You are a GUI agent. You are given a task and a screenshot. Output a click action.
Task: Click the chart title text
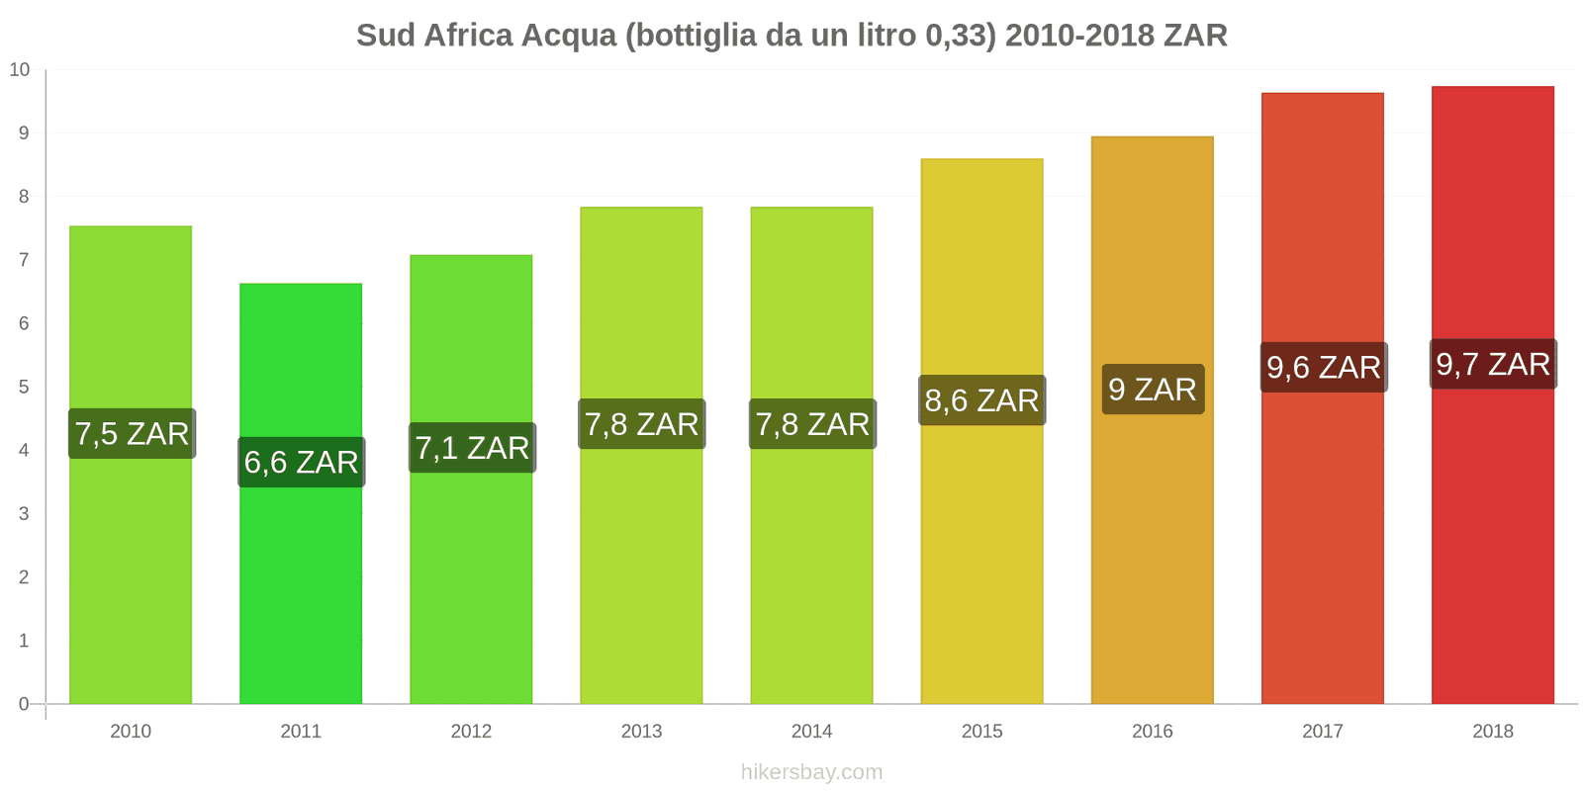click(791, 36)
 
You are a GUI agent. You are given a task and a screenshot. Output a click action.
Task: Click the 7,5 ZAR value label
click(132, 433)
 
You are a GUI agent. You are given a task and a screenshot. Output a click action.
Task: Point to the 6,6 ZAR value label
click(301, 462)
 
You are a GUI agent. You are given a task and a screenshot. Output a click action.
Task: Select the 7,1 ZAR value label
click(472, 448)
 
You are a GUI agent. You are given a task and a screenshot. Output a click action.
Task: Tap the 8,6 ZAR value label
click(981, 400)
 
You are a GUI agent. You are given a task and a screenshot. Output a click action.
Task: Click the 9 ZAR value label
click(1153, 389)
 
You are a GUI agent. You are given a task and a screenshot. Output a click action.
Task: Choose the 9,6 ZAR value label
click(1323, 367)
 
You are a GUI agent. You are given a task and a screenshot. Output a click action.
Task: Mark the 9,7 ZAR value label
click(1493, 364)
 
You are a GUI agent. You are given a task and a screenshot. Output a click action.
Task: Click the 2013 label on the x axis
click(641, 732)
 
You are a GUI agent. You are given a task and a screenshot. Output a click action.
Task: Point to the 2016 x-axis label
click(1153, 732)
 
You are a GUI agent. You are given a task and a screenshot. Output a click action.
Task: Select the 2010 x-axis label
click(131, 732)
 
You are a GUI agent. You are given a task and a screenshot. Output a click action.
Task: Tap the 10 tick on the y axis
click(20, 69)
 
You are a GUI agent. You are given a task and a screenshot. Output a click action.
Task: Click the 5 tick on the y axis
click(24, 387)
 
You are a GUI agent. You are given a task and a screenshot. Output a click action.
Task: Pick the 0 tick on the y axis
click(24, 704)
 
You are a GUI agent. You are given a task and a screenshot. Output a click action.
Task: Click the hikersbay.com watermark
click(811, 772)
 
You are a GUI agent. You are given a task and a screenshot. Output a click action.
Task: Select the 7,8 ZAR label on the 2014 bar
click(812, 424)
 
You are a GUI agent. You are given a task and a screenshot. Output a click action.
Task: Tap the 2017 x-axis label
click(1323, 732)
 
